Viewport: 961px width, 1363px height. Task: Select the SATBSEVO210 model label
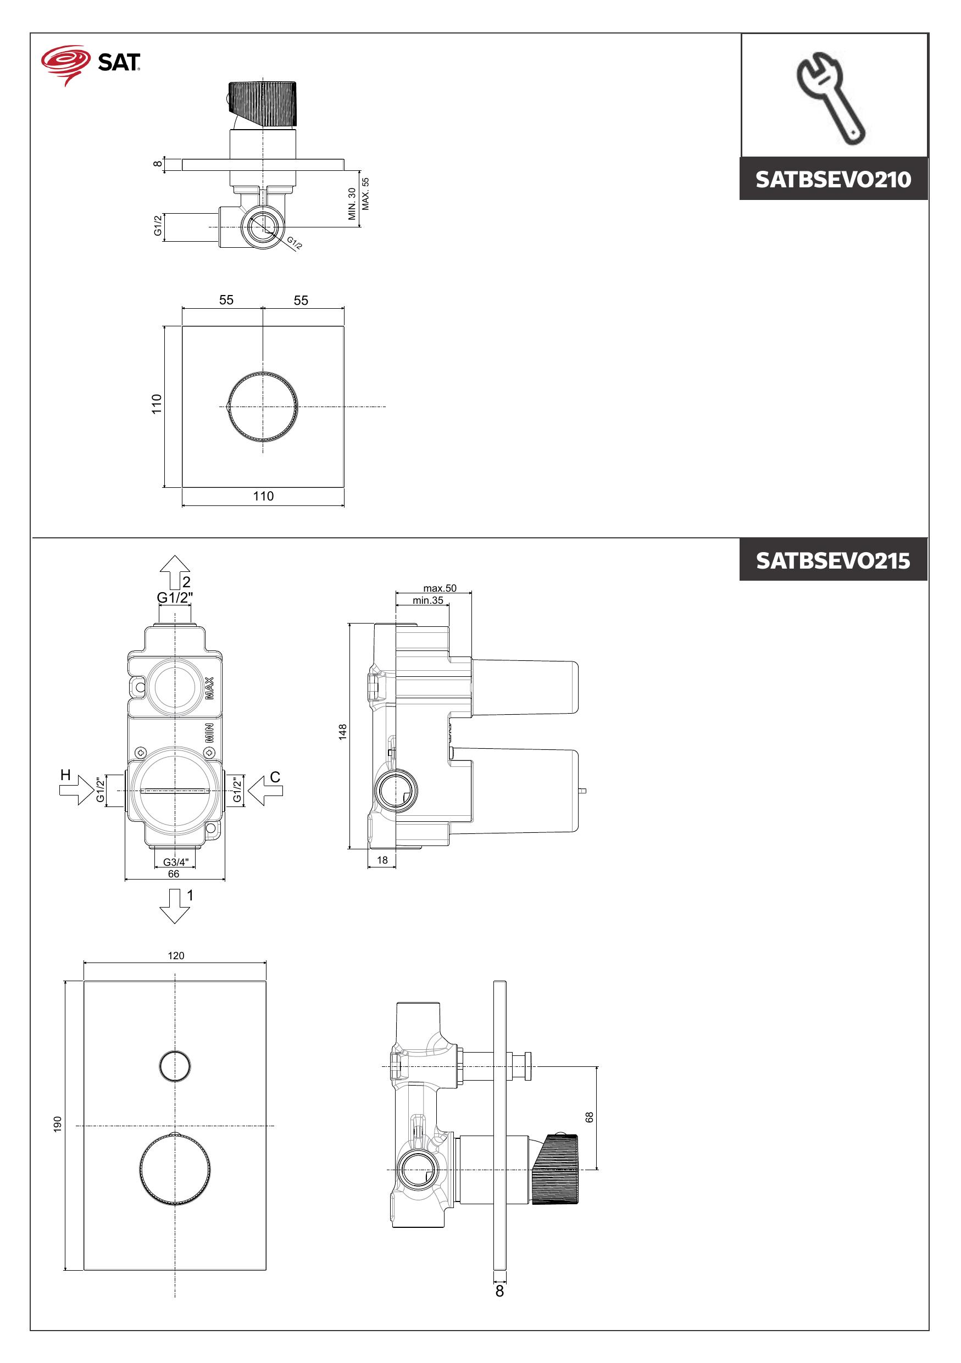point(833,179)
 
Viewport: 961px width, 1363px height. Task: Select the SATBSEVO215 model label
point(833,560)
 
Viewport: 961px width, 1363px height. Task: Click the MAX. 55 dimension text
point(365,193)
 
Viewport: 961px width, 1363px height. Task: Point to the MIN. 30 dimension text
point(352,204)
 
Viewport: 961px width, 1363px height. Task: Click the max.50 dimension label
point(440,588)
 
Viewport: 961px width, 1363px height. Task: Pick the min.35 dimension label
point(428,600)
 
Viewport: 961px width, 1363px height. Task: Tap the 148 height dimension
point(342,732)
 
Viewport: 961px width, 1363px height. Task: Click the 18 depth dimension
point(382,860)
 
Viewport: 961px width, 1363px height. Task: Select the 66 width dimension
point(173,874)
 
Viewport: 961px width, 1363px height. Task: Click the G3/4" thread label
point(176,862)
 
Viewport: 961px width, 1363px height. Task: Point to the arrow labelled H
point(76,790)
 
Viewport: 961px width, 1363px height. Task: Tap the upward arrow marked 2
point(175,572)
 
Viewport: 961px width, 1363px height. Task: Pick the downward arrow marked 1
point(175,906)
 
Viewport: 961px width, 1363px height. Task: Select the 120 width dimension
point(176,956)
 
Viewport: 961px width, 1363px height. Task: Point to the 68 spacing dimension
point(590,1117)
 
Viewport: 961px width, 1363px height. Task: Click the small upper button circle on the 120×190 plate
point(175,1066)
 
